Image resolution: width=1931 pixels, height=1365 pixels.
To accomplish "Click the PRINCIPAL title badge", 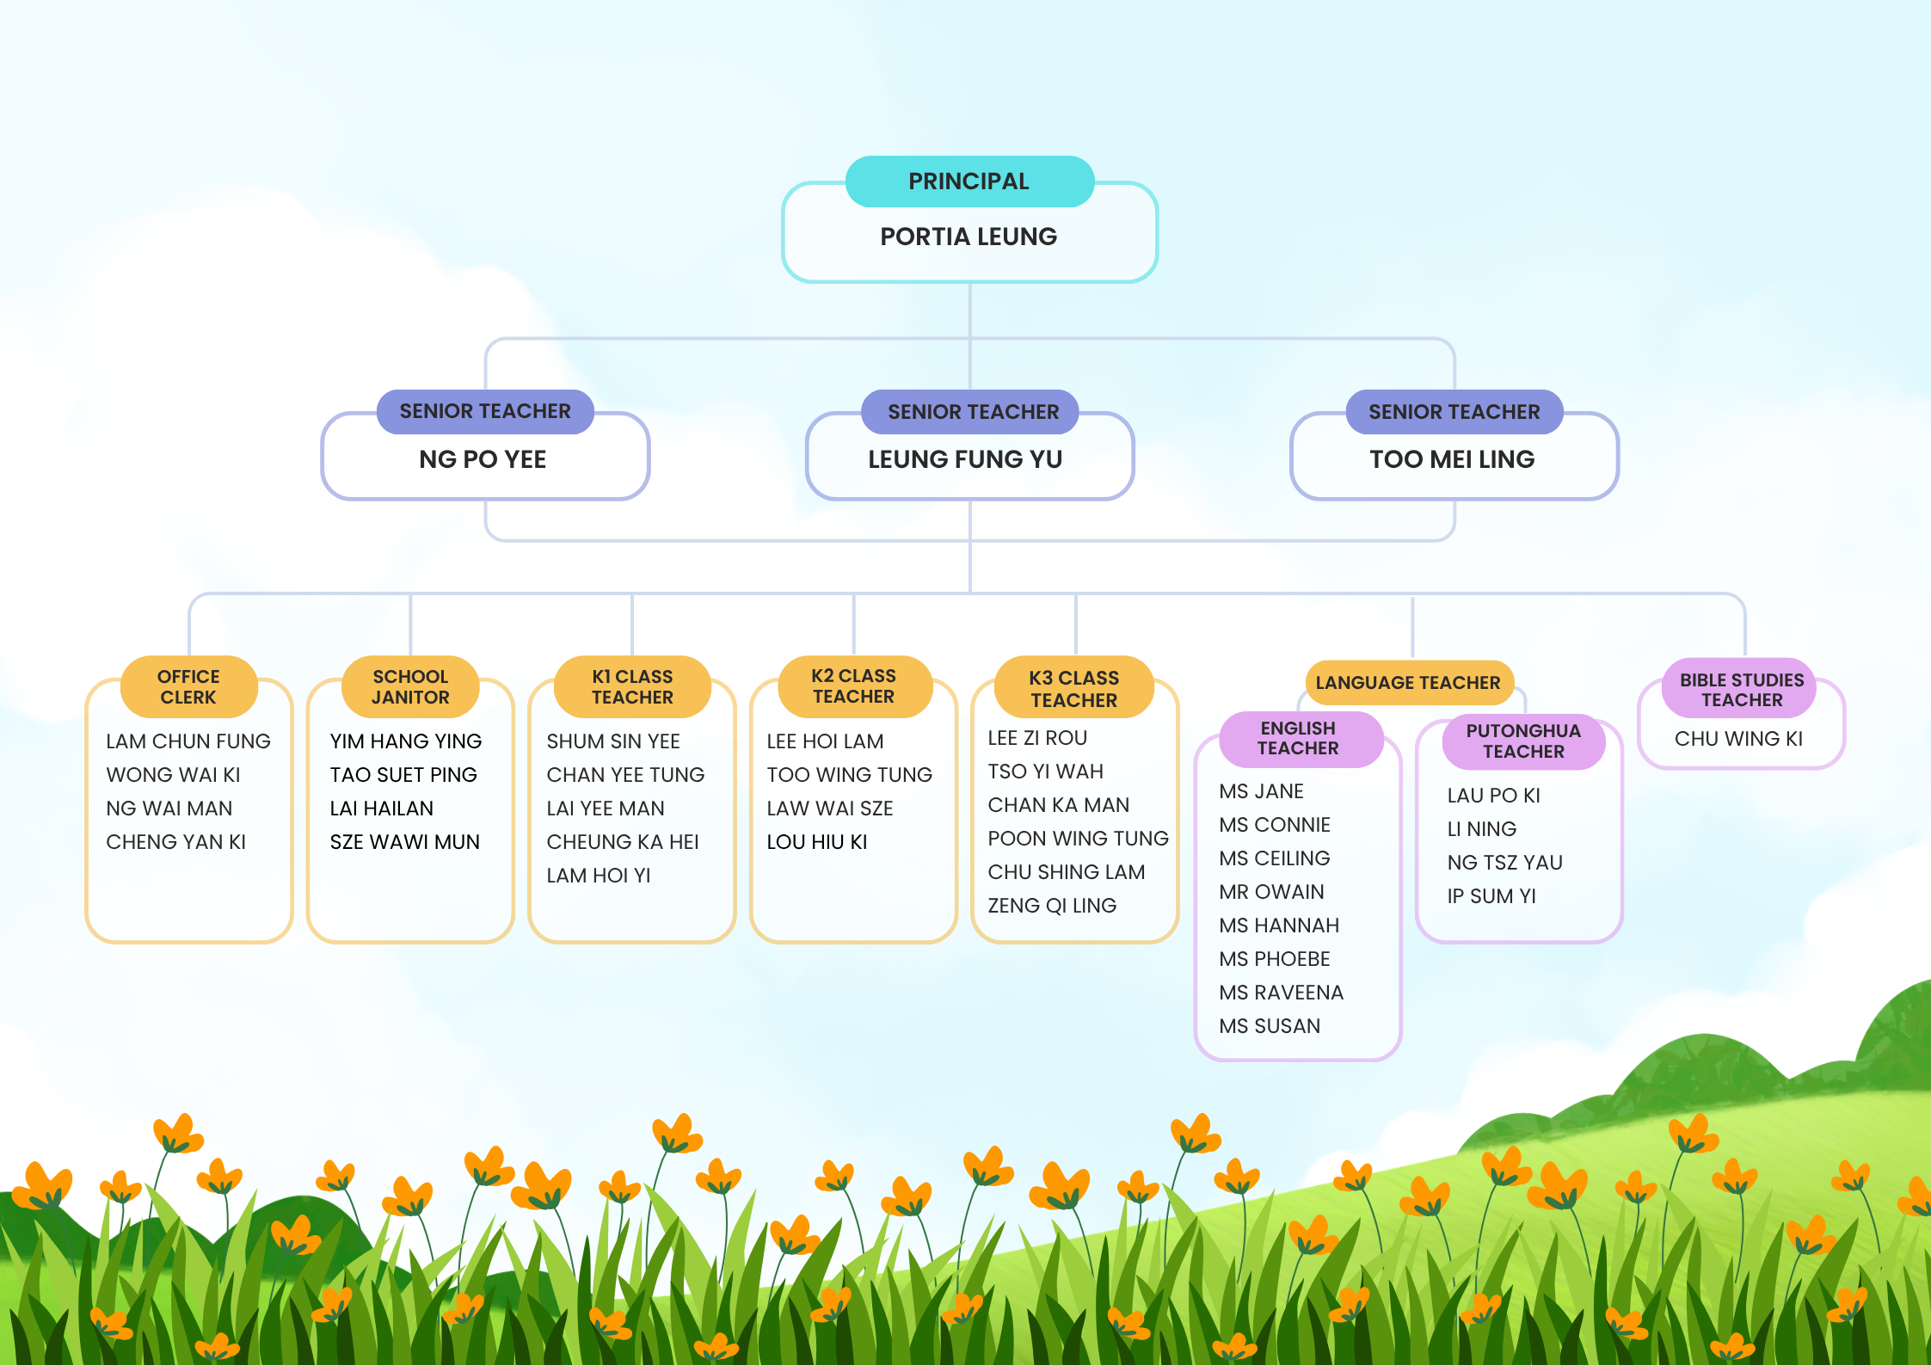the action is (969, 181).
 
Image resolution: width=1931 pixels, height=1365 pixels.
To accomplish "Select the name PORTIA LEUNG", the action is (969, 237).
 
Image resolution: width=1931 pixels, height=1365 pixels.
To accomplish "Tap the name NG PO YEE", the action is (483, 459).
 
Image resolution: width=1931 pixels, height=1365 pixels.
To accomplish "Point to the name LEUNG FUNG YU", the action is (965, 459).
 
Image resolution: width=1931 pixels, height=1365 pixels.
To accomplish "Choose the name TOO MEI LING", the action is (1452, 459).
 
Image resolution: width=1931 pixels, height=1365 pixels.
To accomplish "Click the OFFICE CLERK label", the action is (188, 686).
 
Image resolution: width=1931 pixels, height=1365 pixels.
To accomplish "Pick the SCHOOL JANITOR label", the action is (410, 686).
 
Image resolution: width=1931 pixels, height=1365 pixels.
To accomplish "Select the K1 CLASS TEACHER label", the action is (632, 686).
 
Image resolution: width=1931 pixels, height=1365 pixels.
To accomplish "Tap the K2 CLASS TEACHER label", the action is (854, 686).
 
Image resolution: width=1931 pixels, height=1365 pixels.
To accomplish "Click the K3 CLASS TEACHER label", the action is (1074, 688).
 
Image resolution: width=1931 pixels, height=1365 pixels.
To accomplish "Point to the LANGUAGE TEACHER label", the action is (1408, 683).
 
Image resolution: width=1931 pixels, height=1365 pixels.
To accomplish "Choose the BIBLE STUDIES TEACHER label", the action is (1742, 689).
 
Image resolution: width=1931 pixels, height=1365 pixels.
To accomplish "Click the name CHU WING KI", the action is (1738, 739).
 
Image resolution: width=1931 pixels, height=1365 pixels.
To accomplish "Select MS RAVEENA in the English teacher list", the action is (1281, 993).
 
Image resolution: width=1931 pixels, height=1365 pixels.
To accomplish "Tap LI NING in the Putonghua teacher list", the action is (1481, 829).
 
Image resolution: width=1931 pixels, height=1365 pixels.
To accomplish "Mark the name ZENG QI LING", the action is (1052, 906).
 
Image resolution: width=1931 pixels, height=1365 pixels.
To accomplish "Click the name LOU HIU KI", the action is (817, 842).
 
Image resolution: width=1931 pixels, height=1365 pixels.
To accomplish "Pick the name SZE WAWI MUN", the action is (405, 842).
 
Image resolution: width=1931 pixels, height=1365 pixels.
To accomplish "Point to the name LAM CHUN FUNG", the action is (188, 741).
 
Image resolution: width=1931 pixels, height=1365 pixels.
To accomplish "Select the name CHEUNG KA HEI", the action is (623, 842).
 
